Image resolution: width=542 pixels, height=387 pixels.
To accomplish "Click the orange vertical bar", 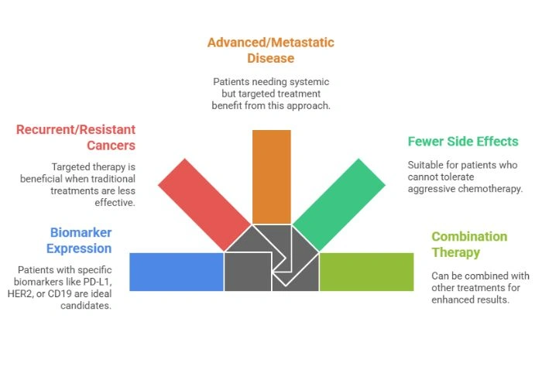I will click(271, 176).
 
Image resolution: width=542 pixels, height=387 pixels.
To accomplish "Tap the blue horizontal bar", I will click(177, 272).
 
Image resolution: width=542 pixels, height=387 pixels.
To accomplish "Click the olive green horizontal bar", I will click(366, 272).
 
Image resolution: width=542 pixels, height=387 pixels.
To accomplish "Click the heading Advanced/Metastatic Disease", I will click(270, 50).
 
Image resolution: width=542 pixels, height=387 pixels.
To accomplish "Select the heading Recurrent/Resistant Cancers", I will click(76, 137).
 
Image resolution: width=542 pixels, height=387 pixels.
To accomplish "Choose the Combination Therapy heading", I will click(469, 244).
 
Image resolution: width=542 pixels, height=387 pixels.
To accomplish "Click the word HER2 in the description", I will click(30, 294).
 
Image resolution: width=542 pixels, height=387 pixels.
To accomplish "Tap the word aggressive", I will click(434, 188).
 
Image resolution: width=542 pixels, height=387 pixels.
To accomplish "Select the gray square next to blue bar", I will click(247, 272).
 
